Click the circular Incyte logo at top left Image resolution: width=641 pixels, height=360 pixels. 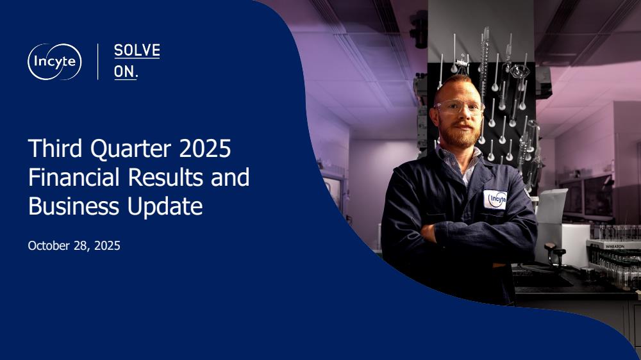(x=54, y=61)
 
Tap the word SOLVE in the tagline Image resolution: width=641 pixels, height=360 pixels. (x=137, y=51)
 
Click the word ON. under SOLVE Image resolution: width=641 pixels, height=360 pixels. (x=126, y=72)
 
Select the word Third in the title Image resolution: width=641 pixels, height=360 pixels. (x=56, y=148)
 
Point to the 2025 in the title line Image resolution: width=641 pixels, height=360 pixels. (x=205, y=149)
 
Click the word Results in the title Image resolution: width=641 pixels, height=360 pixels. (x=166, y=177)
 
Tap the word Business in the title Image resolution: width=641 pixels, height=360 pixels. (x=74, y=206)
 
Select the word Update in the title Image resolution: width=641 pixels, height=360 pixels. (x=165, y=207)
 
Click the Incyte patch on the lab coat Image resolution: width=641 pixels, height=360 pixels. (x=495, y=200)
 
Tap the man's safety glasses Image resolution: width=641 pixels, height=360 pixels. (x=459, y=107)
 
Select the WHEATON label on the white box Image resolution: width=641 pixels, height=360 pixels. (x=615, y=247)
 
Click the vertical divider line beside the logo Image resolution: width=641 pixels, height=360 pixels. (x=97, y=61)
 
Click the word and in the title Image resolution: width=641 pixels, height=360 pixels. (x=230, y=177)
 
